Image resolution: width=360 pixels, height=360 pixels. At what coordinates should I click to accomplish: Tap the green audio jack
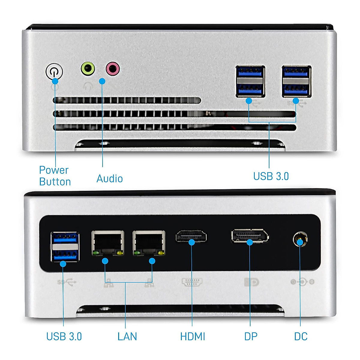click(88, 68)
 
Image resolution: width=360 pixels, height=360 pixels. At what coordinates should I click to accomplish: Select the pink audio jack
click(112, 69)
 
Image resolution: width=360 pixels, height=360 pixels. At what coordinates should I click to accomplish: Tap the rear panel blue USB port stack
click(65, 247)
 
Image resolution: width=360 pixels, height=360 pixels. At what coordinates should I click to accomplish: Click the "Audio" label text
click(109, 179)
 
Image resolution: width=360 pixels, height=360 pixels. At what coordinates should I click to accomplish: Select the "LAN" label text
click(127, 337)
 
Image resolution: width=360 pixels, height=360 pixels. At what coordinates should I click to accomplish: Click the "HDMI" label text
click(193, 337)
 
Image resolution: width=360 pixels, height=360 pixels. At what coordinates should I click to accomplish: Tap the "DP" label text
click(251, 337)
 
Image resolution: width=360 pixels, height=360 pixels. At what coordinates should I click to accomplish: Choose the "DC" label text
click(301, 337)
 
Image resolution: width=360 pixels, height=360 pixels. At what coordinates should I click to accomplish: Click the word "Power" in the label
click(54, 170)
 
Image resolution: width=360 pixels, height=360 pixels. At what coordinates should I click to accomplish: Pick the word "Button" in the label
click(55, 182)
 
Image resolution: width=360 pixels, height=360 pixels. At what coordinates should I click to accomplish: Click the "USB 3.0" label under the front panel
click(271, 176)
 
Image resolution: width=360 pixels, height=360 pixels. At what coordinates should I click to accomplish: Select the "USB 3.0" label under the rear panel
click(64, 337)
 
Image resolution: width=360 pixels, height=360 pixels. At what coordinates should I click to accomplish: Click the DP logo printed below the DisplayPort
click(251, 282)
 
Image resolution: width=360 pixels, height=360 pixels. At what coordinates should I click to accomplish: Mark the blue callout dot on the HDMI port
click(192, 242)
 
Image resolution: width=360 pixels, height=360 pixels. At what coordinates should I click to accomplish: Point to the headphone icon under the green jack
click(88, 86)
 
